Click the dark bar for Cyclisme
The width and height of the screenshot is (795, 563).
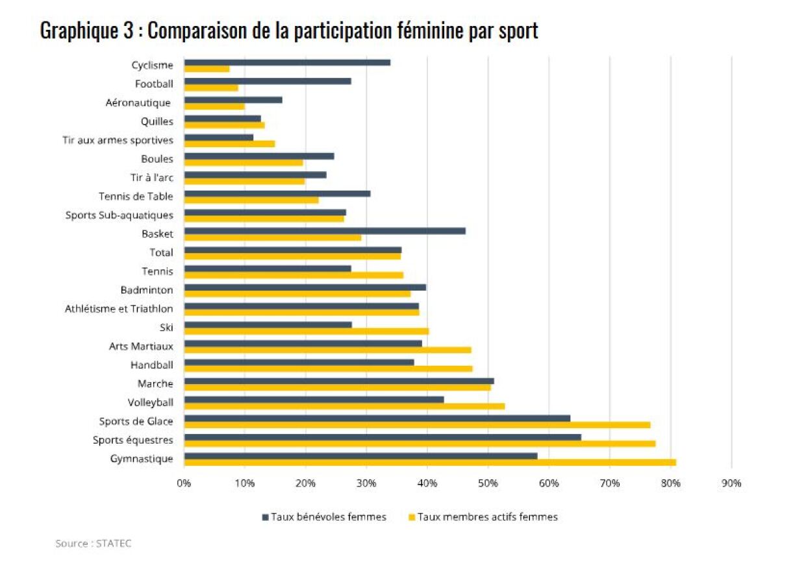point(287,62)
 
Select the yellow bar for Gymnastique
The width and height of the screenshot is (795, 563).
point(430,462)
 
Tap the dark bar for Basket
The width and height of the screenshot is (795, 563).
point(325,230)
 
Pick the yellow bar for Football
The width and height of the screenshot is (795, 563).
point(211,88)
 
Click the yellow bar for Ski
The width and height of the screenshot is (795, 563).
point(307,331)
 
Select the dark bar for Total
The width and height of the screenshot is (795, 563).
point(293,250)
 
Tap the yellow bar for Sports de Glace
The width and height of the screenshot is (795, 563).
point(417,425)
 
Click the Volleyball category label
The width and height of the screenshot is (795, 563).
point(151,402)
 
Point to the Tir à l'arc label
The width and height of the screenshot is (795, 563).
point(152,178)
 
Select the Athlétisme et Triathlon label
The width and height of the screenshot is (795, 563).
point(119,308)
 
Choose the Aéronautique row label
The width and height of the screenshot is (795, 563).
point(138,102)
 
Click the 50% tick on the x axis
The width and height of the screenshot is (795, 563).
point(488,483)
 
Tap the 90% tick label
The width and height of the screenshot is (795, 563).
point(731,483)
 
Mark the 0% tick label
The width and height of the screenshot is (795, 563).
point(184,483)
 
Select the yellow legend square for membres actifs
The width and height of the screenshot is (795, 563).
point(411,518)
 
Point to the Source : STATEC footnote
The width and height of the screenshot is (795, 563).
point(94,544)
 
